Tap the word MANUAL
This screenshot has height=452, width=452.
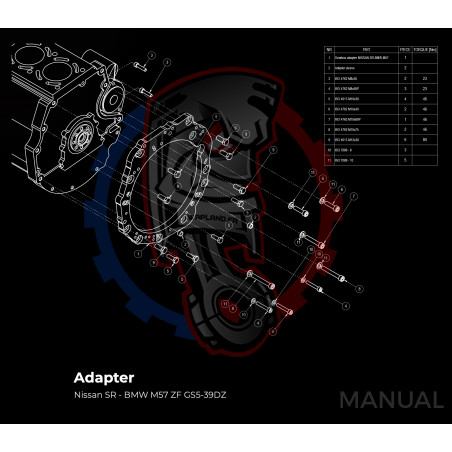[x=390, y=400]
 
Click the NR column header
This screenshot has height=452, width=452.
[x=328, y=48]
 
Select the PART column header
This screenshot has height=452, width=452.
[x=366, y=48]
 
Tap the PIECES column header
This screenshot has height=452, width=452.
[x=404, y=48]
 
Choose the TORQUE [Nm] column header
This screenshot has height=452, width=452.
[x=425, y=48]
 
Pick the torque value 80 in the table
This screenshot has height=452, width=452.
[x=425, y=140]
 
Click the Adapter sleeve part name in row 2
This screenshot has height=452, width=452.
[x=350, y=67]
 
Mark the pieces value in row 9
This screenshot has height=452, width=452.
[x=404, y=140]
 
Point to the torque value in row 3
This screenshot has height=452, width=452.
[x=425, y=77]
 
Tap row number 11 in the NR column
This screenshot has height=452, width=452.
[x=328, y=160]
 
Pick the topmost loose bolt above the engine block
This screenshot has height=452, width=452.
[x=141, y=68]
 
